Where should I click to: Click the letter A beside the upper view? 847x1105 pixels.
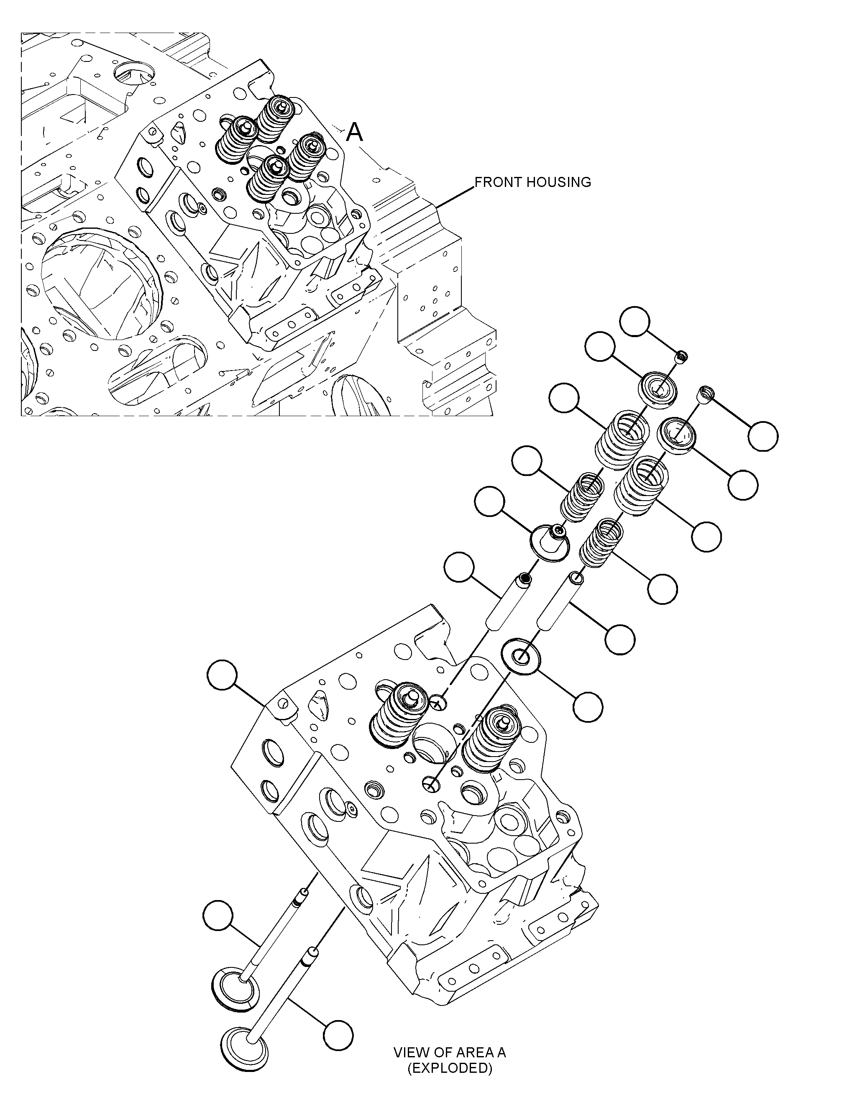(355, 133)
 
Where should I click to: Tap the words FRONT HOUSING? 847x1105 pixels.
(533, 182)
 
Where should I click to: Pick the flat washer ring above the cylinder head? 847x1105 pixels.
(520, 656)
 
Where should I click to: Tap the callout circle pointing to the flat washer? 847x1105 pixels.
(588, 707)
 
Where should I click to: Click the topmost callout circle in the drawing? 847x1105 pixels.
(635, 321)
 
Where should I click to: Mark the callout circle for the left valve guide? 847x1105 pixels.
(459, 567)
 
